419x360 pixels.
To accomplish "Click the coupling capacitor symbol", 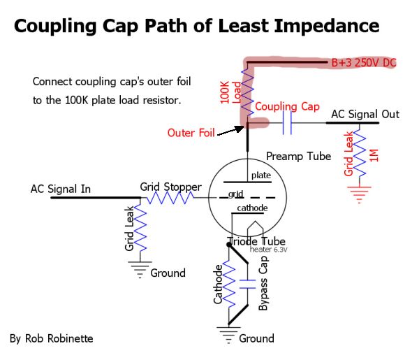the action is (x=287, y=123).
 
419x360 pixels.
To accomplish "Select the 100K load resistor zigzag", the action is (x=247, y=92).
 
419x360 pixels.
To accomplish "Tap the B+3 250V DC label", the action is (x=364, y=63).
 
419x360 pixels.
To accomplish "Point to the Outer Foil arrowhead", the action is (x=240, y=129).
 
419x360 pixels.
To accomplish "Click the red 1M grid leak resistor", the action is (x=360, y=154).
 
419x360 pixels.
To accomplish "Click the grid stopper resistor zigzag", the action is (x=170, y=198).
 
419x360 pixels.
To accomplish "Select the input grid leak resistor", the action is (x=140, y=228).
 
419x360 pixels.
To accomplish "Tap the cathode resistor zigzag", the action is (x=229, y=283).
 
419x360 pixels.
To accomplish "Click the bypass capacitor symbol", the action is (x=248, y=284).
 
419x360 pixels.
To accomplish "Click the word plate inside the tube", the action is (x=261, y=175).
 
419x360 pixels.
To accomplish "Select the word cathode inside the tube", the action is (x=252, y=208).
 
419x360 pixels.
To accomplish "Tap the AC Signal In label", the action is (x=61, y=189).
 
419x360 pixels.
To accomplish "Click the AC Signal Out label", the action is (x=365, y=114).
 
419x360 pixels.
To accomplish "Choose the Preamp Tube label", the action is (x=298, y=156).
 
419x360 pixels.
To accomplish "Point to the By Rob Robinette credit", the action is (x=51, y=338).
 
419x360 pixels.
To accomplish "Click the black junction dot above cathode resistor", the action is (x=229, y=245).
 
